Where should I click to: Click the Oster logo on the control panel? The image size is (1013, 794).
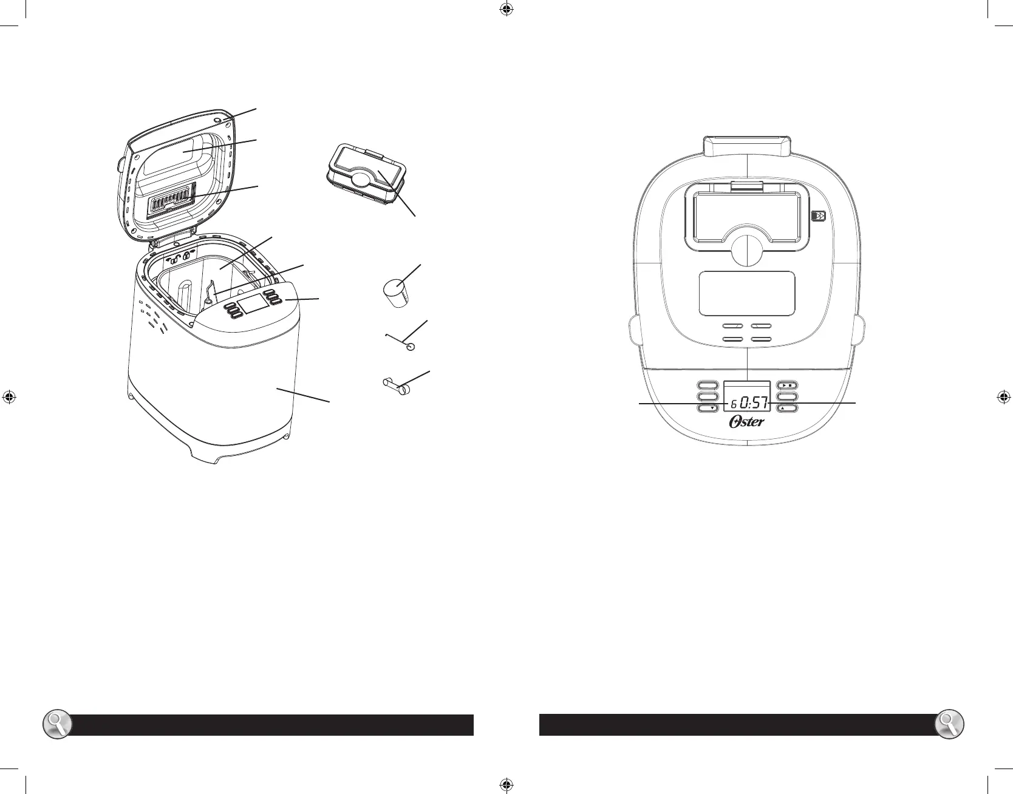[746, 422]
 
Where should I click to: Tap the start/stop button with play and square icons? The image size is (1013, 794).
[788, 385]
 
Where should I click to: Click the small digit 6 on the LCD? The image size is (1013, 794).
[734, 404]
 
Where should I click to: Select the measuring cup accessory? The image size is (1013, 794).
[395, 293]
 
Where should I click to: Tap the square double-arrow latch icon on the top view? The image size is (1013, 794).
[819, 217]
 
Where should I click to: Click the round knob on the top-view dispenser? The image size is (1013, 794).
[746, 251]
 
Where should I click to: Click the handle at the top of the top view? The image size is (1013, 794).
[746, 146]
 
